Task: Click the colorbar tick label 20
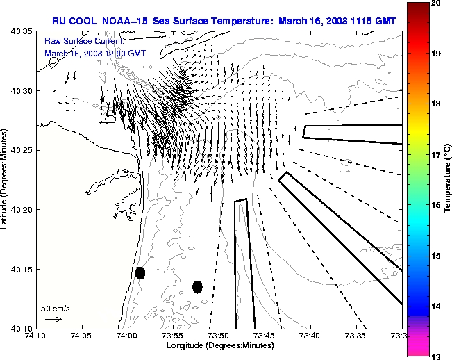coord(436,4)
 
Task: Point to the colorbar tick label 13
coord(436,356)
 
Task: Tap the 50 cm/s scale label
coord(56,308)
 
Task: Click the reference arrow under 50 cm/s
coord(53,319)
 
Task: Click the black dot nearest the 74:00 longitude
coord(140,272)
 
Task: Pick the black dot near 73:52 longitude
coord(197,286)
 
